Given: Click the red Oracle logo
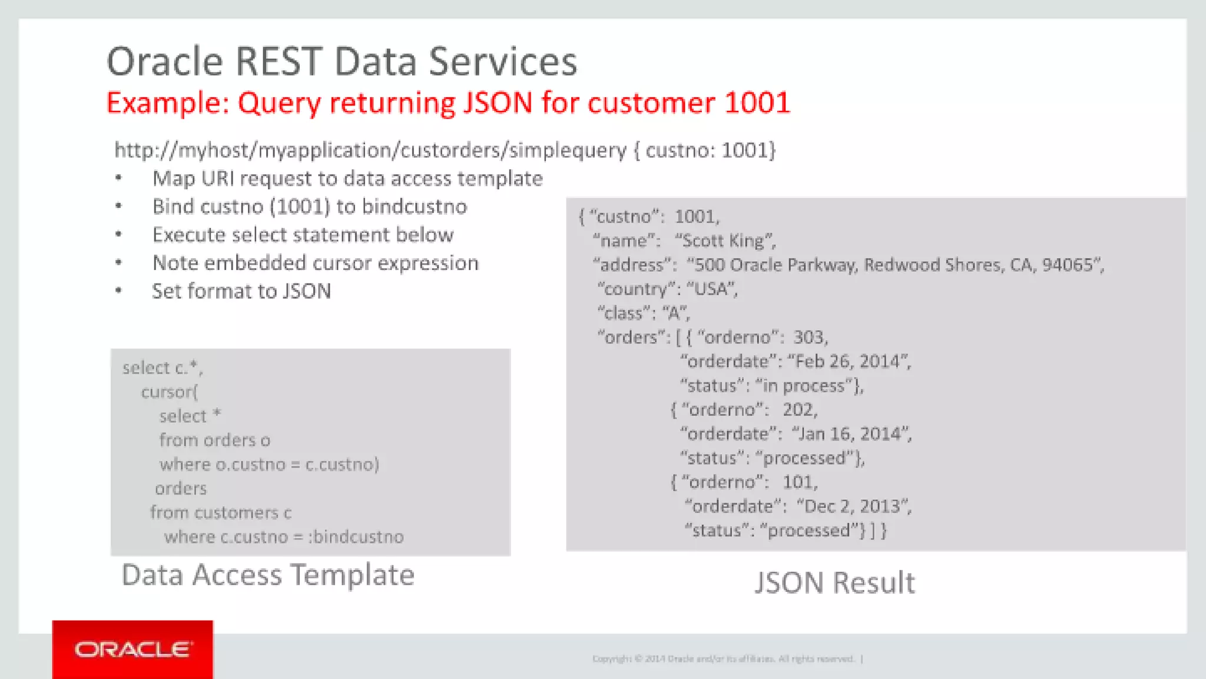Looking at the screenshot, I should [x=132, y=649].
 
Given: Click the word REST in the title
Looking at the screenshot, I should [x=278, y=62].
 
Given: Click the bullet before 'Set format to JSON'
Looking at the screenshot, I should [x=118, y=291].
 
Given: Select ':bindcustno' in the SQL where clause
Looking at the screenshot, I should [x=356, y=537].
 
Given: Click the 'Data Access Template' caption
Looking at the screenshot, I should [x=268, y=575].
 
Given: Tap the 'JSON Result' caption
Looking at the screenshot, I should [x=834, y=583].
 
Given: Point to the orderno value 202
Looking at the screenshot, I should [x=799, y=410].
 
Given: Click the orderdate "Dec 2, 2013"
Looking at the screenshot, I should [x=853, y=506].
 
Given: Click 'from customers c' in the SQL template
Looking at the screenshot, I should [x=220, y=513].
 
